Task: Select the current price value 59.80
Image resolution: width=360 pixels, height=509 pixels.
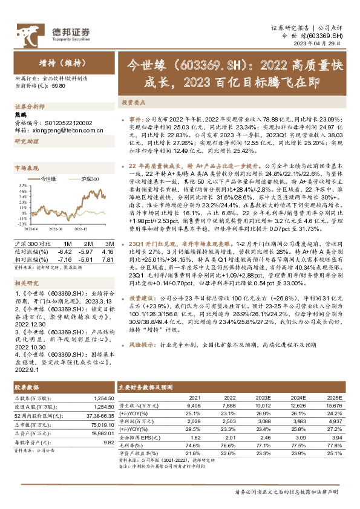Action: click(x=59, y=86)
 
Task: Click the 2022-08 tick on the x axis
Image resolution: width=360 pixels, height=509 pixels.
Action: click(x=56, y=230)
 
